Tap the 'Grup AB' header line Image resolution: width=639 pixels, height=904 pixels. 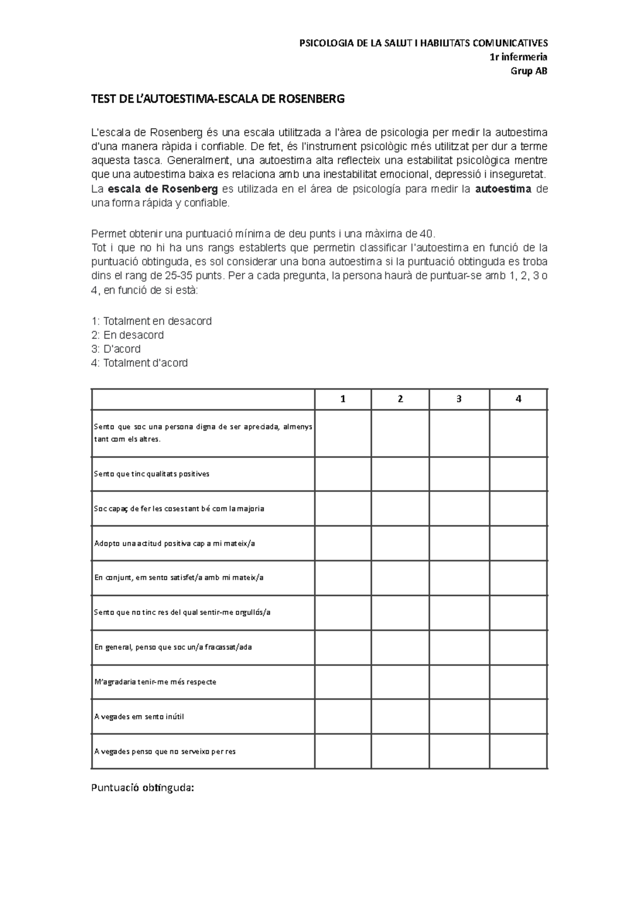pos(529,71)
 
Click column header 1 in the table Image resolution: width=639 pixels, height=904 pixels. pos(343,399)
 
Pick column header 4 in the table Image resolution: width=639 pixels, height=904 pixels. pos(518,399)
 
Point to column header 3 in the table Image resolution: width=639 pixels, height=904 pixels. pos(458,399)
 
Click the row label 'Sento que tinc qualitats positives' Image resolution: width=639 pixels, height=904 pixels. pos(152,474)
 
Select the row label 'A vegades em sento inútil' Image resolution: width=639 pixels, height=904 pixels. pos(139,717)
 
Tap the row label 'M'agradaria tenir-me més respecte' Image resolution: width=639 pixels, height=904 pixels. pos(155,682)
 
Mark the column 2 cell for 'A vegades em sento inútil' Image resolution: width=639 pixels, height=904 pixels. pos(400,717)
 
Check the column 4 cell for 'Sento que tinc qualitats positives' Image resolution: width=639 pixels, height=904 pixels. pos(518,474)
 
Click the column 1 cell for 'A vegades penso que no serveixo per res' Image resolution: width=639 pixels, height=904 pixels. pos(343,752)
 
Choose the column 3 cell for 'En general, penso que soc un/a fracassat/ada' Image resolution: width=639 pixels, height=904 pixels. pos(458,647)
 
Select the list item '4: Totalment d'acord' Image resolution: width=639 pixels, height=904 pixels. pos(140,363)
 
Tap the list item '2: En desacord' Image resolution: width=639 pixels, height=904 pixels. pos(128,335)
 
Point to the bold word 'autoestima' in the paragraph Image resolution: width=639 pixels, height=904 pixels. pos(503,190)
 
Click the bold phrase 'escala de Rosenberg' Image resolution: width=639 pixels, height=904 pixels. pos(162,190)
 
